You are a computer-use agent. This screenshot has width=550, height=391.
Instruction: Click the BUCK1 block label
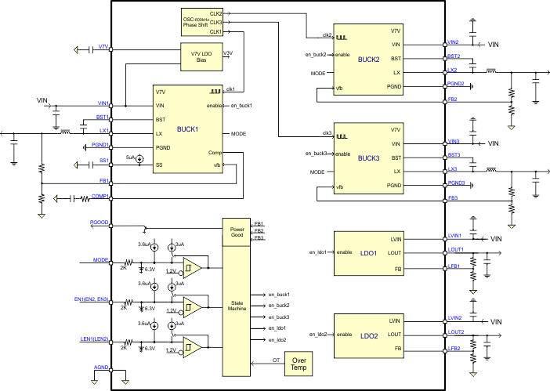click(187, 129)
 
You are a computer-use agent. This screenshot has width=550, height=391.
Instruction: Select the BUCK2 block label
click(368, 59)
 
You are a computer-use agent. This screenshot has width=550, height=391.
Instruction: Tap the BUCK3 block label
click(368, 157)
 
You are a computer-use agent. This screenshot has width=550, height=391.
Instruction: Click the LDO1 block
click(368, 253)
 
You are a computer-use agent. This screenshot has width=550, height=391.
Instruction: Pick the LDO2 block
click(368, 335)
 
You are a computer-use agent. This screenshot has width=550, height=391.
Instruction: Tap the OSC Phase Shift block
click(197, 23)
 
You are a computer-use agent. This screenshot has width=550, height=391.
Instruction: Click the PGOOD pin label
click(99, 223)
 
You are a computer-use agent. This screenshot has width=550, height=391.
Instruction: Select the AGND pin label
click(101, 367)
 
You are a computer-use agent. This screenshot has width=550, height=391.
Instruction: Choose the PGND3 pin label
click(456, 183)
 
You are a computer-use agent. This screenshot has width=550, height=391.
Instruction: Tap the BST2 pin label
click(454, 56)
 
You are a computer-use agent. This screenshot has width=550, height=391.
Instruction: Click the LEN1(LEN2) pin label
click(93, 339)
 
